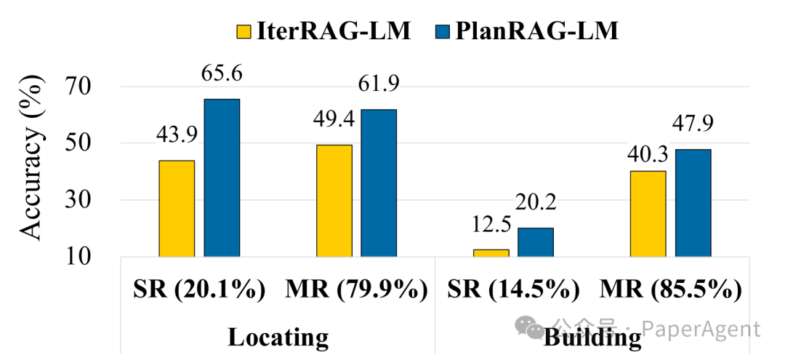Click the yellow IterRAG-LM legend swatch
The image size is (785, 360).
pyautogui.click(x=243, y=31)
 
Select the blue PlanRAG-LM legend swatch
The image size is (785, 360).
pyautogui.click(x=441, y=31)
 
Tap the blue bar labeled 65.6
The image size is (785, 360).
pyautogui.click(x=222, y=177)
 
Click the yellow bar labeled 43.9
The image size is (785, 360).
pyautogui.click(x=177, y=208)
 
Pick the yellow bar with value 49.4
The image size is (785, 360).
pyautogui.click(x=334, y=200)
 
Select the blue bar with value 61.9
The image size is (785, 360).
pyautogui.click(x=379, y=183)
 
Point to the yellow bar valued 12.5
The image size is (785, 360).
pyautogui.click(x=491, y=252)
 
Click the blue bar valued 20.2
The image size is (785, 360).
pyautogui.click(x=536, y=241)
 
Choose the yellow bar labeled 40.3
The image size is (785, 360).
pyautogui.click(x=648, y=213)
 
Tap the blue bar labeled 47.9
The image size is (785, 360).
pyautogui.click(x=693, y=202)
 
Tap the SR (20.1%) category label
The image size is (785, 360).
pyautogui.click(x=198, y=289)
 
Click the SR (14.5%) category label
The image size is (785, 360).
pyautogui.click(x=512, y=289)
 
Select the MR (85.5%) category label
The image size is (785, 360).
pyautogui.click(x=670, y=289)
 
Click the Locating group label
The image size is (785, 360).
pyautogui.click(x=278, y=337)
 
